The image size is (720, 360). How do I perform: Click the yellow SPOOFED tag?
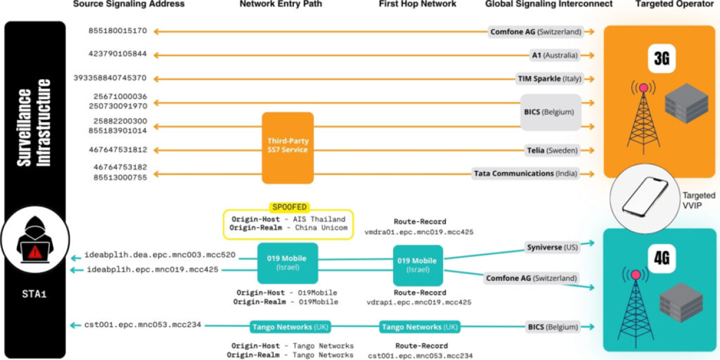coord(289,208)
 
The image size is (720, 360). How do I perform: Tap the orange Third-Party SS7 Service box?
coord(287,148)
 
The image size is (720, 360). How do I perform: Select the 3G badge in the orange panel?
coord(661,59)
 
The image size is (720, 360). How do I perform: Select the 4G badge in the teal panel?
coord(661,259)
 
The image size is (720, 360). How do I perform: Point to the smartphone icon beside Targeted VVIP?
coord(645,197)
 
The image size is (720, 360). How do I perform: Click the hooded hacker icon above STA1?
coord(35,239)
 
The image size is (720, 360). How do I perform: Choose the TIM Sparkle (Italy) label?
coord(550,79)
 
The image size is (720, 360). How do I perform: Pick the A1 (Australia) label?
coord(555,55)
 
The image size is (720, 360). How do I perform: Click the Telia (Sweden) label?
coord(552,151)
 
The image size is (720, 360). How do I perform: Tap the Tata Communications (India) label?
coord(526,173)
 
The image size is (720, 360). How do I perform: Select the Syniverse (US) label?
coord(552,247)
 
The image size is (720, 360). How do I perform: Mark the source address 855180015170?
coord(118,31)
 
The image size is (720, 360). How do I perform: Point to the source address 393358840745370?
coord(110,78)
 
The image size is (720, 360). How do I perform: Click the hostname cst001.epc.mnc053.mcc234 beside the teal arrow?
coord(143,325)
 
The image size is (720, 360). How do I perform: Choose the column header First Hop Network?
coord(417,4)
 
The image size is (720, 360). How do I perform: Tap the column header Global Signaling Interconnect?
coord(548,4)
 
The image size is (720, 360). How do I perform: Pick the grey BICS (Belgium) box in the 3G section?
coord(551,112)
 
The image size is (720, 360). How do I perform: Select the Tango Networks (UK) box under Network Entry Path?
coord(290,327)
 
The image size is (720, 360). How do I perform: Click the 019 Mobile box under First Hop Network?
coord(418,265)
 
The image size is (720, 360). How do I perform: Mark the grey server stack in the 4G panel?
coord(681,302)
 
